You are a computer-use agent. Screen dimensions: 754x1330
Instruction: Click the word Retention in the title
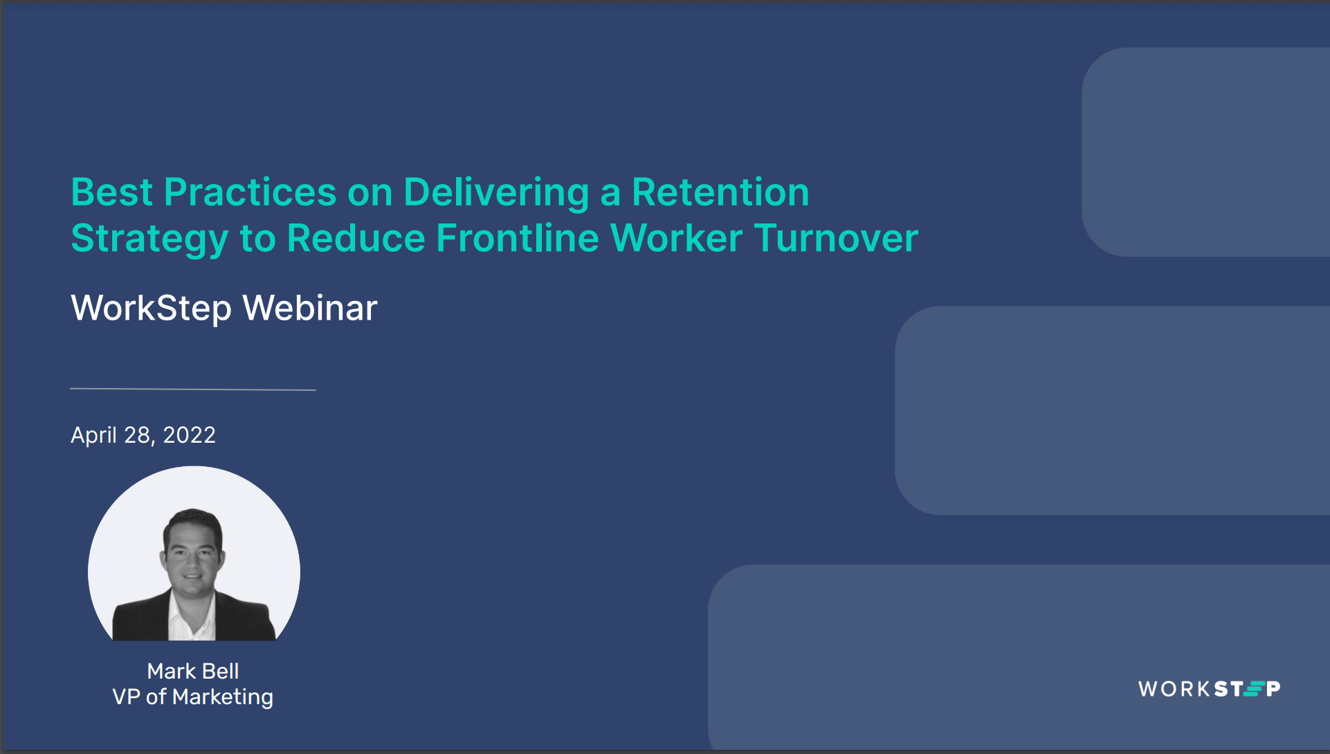(x=720, y=192)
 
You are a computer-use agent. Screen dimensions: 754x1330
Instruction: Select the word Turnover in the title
(x=836, y=239)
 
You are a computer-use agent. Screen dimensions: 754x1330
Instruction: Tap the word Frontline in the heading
(x=517, y=239)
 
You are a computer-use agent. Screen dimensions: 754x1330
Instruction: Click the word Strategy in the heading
(x=149, y=239)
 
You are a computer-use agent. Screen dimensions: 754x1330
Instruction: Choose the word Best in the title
(x=111, y=192)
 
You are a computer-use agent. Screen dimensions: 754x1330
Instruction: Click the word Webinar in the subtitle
(x=310, y=308)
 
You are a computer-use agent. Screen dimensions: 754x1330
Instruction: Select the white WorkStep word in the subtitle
(x=151, y=308)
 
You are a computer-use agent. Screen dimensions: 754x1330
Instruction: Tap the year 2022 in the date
(x=189, y=435)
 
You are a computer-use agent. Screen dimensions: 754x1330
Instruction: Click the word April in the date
(x=93, y=435)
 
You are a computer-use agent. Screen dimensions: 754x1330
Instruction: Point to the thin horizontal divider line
(x=193, y=389)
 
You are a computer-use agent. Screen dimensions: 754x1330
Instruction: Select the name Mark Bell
(x=193, y=671)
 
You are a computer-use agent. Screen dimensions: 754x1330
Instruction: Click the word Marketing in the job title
(x=223, y=697)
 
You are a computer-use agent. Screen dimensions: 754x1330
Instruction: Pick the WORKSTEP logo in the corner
(x=1209, y=689)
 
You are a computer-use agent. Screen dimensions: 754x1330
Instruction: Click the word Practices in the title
(x=250, y=192)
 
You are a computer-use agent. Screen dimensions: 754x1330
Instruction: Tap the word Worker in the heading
(x=676, y=239)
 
